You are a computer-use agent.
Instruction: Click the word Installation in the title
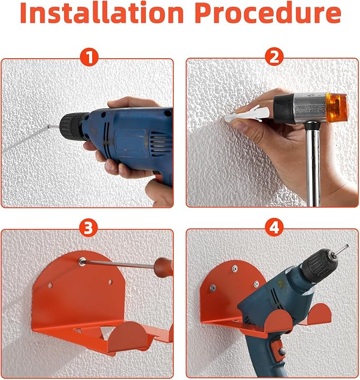pos(102,12)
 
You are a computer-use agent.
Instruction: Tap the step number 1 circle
pos(89,58)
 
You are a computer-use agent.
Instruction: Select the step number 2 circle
pos(274,57)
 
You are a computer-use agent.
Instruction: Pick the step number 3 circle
pos(89,228)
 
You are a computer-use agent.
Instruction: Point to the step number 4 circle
pos(274,228)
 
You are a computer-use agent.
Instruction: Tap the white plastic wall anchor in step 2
pos(247,114)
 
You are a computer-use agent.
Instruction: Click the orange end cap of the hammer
pos(337,107)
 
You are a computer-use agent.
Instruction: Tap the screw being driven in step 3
pos(81,261)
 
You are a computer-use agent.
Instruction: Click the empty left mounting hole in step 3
pos(50,286)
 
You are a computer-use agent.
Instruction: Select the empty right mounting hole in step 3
pos(110,282)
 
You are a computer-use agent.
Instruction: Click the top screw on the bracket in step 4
pos(234,268)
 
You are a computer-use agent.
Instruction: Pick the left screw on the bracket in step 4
pos(213,287)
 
